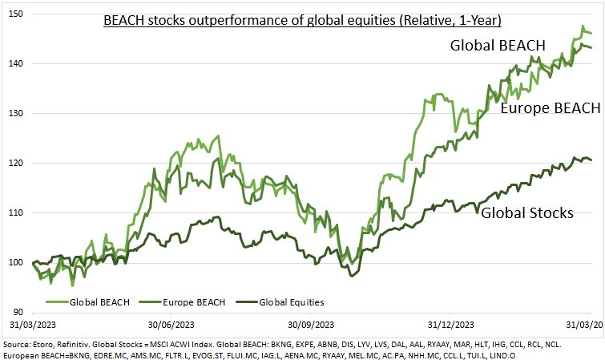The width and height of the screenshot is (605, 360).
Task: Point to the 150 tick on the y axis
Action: [x=15, y=14]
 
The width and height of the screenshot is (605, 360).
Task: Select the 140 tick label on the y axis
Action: [x=15, y=63]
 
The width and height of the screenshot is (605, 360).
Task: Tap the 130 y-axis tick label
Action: [x=15, y=113]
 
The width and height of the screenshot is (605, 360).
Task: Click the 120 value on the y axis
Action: [x=15, y=163]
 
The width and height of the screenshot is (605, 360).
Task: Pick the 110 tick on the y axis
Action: [x=15, y=212]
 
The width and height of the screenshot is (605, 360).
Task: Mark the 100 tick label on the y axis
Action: [x=15, y=262]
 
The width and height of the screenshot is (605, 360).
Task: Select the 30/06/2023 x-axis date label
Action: [x=171, y=326]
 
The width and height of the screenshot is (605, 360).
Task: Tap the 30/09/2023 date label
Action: [x=310, y=326]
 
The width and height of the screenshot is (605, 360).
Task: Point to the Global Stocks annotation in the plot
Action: [x=526, y=212]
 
